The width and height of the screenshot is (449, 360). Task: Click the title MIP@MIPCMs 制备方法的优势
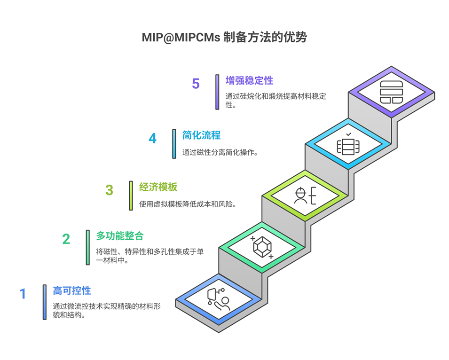[224, 37]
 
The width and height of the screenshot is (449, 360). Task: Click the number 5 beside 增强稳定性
[196, 84]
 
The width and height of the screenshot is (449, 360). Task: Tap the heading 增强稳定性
[249, 80]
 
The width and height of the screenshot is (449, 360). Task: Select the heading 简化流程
[201, 135]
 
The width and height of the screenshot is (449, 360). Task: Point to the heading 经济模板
[158, 187]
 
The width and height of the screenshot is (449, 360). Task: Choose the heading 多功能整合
[120, 236]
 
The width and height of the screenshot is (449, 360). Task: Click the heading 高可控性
[72, 290]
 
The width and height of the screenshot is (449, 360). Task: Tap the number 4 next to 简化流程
[153, 138]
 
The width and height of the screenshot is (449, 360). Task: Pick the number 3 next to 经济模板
[109, 190]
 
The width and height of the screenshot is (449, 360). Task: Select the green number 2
[66, 239]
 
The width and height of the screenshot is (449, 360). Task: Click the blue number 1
[23, 294]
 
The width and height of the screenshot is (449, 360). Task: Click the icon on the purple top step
[391, 92]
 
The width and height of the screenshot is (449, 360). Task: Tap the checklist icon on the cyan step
[348, 144]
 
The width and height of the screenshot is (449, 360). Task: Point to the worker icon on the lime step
[305, 195]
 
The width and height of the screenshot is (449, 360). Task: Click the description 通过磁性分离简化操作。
[220, 152]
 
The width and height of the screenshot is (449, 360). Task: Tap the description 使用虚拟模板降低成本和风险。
[188, 204]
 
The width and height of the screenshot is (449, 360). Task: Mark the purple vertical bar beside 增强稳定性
[217, 92]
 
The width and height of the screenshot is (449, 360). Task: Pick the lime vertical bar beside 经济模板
[131, 196]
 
